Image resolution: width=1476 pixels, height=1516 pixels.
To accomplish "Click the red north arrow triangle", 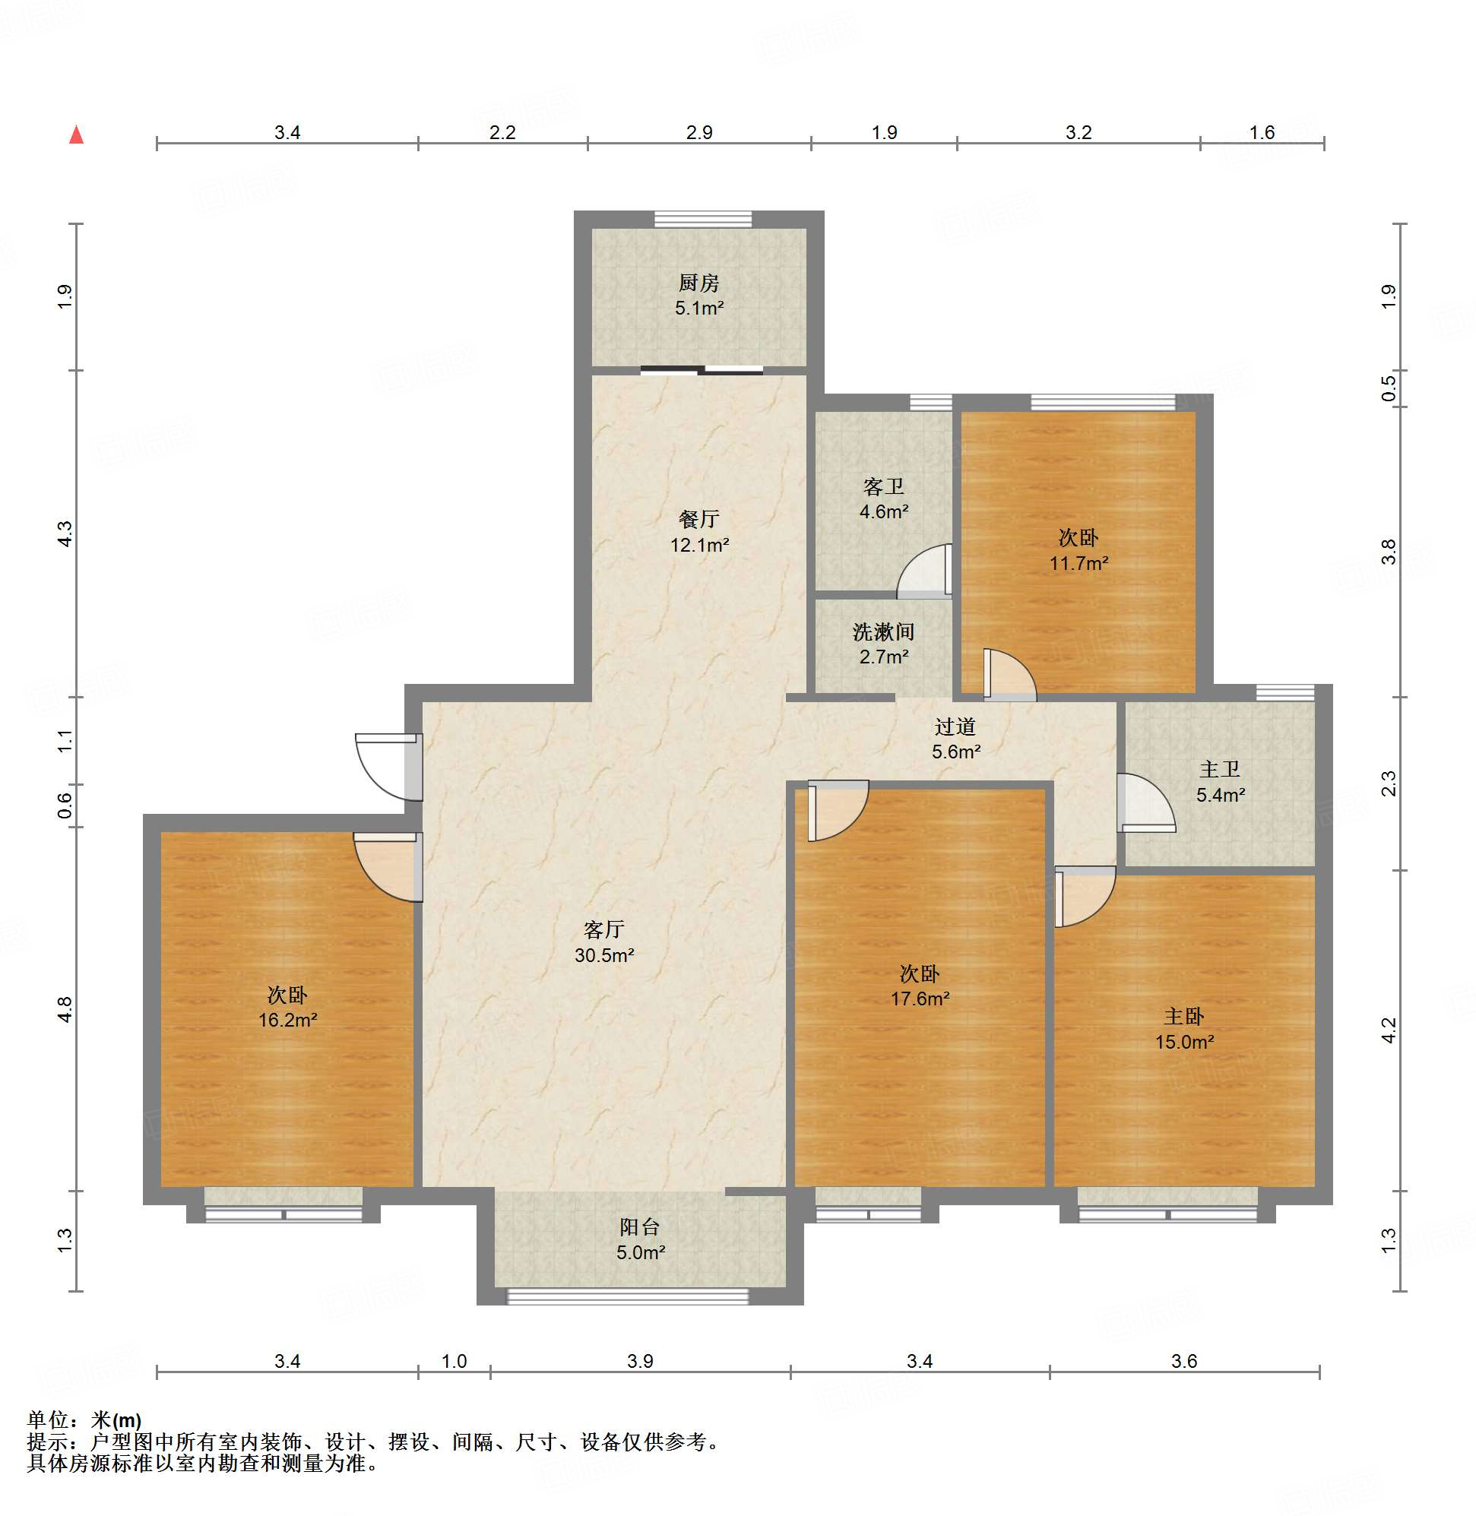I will [76, 135].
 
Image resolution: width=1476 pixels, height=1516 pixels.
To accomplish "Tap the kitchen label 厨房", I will [698, 283].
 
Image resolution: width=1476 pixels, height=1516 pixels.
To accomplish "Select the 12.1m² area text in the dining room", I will [699, 545].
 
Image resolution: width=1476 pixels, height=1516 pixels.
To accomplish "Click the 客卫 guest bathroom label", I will [883, 487].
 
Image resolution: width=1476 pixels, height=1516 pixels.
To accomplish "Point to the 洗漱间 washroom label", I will [883, 631].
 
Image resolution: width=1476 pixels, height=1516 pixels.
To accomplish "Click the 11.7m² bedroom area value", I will [1078, 563].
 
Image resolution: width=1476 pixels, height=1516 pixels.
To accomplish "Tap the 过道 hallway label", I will [955, 726].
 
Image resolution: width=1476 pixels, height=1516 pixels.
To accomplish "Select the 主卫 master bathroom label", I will [1219, 769].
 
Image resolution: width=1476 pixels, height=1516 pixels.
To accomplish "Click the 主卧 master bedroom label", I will [1183, 1016].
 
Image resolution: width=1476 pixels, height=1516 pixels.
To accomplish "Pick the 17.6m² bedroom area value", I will [920, 999].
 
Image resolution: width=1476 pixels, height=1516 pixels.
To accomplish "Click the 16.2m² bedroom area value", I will [287, 1020].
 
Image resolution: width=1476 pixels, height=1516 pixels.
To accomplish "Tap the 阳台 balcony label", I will [639, 1227].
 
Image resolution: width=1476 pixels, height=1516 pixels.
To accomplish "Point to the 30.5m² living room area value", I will [604, 956].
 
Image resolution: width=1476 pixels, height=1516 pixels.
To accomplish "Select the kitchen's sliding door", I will [702, 370].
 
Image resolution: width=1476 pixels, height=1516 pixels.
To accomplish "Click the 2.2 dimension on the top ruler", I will [502, 132].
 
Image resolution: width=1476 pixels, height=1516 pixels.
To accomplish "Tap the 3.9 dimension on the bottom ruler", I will [640, 1361].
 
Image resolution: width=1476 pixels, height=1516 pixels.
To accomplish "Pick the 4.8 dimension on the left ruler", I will [65, 1009].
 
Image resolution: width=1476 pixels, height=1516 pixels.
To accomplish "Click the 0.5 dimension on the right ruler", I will [1389, 388].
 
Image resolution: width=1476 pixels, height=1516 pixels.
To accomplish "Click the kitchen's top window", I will [702, 220].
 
